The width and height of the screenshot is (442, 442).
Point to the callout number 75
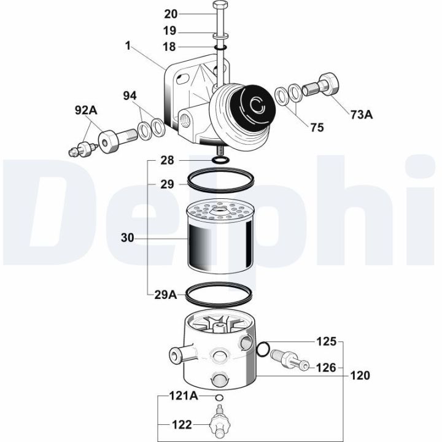click(x=317, y=128)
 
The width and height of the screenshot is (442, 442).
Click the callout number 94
click(x=130, y=96)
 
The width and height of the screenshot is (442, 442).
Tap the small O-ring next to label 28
click(x=220, y=160)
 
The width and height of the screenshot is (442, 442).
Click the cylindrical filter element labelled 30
click(x=220, y=236)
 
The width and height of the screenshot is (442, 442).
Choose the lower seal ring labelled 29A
click(x=220, y=294)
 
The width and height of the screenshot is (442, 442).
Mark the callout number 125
click(x=326, y=341)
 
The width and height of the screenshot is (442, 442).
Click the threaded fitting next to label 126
click(x=288, y=360)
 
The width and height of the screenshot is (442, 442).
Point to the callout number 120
click(x=360, y=375)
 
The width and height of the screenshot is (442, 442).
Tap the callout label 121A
click(x=184, y=396)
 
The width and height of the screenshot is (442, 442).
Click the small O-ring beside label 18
click(x=220, y=47)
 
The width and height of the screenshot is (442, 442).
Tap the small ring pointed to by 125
click(x=263, y=350)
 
